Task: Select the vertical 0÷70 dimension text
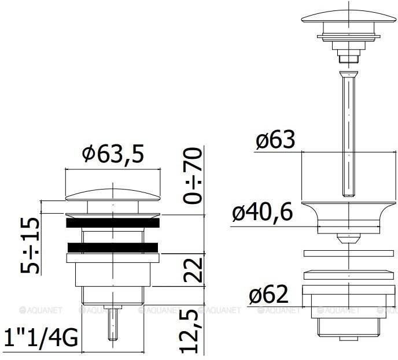coord(193,176)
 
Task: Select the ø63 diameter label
coord(275,140)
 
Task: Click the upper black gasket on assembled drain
coord(113,222)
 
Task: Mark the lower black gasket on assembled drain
coord(113,247)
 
